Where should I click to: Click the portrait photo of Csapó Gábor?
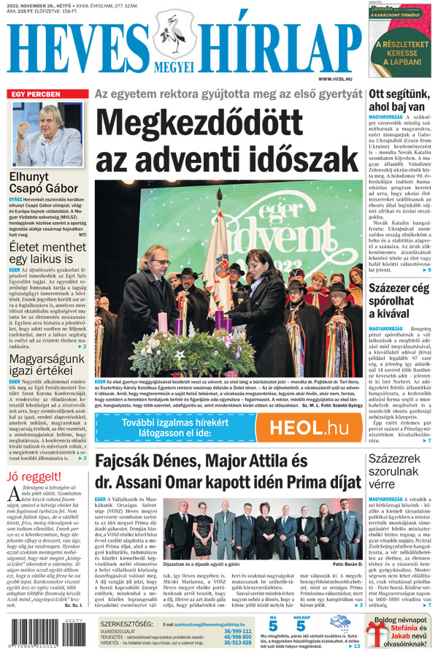pos(47,134)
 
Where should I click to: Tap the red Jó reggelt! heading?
pos(31,478)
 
